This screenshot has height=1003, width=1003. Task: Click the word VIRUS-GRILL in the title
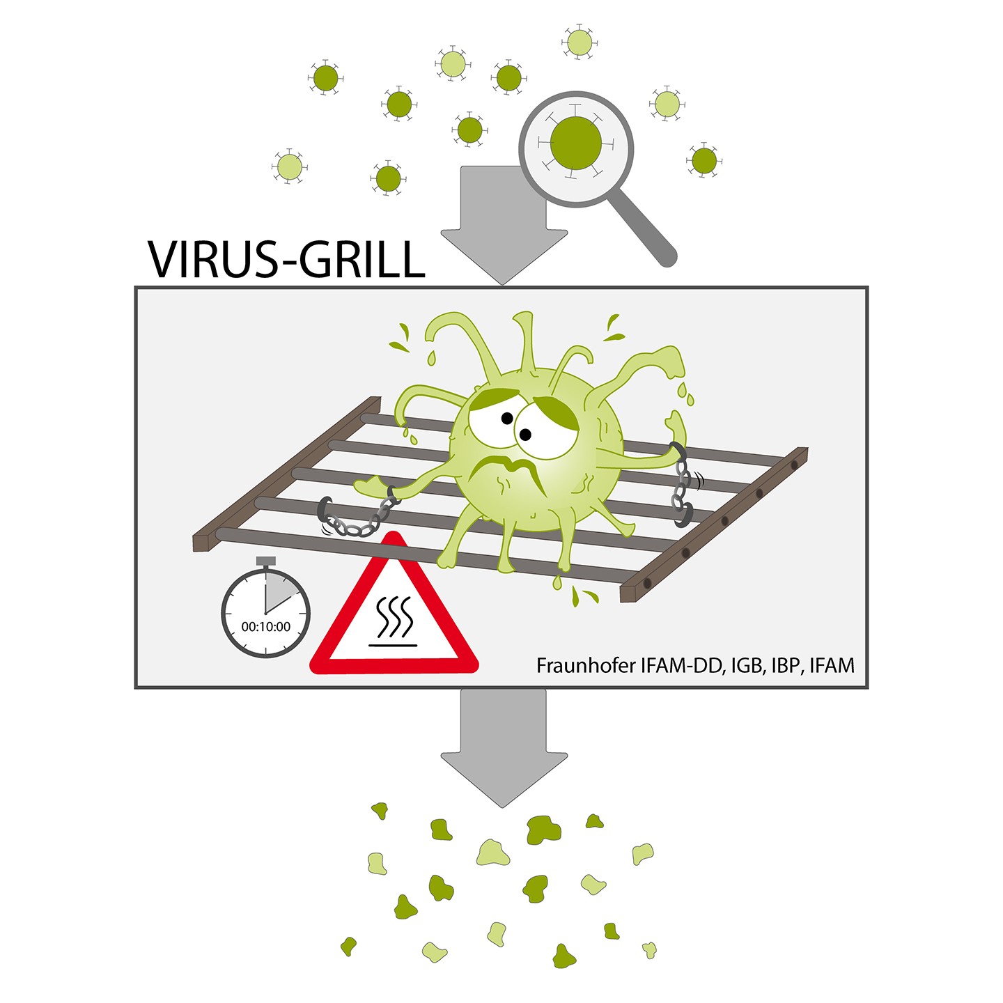(286, 258)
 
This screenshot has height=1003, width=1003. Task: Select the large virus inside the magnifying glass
(575, 143)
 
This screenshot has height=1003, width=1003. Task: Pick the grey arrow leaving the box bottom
(504, 748)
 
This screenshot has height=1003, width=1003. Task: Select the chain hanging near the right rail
(683, 485)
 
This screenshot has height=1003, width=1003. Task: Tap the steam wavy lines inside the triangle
(394, 617)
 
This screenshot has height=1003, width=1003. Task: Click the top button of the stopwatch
(265, 561)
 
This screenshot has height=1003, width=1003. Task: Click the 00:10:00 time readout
(266, 627)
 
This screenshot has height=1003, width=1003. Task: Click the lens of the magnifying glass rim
(576, 149)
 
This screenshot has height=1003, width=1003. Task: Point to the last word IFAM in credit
(832, 665)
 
